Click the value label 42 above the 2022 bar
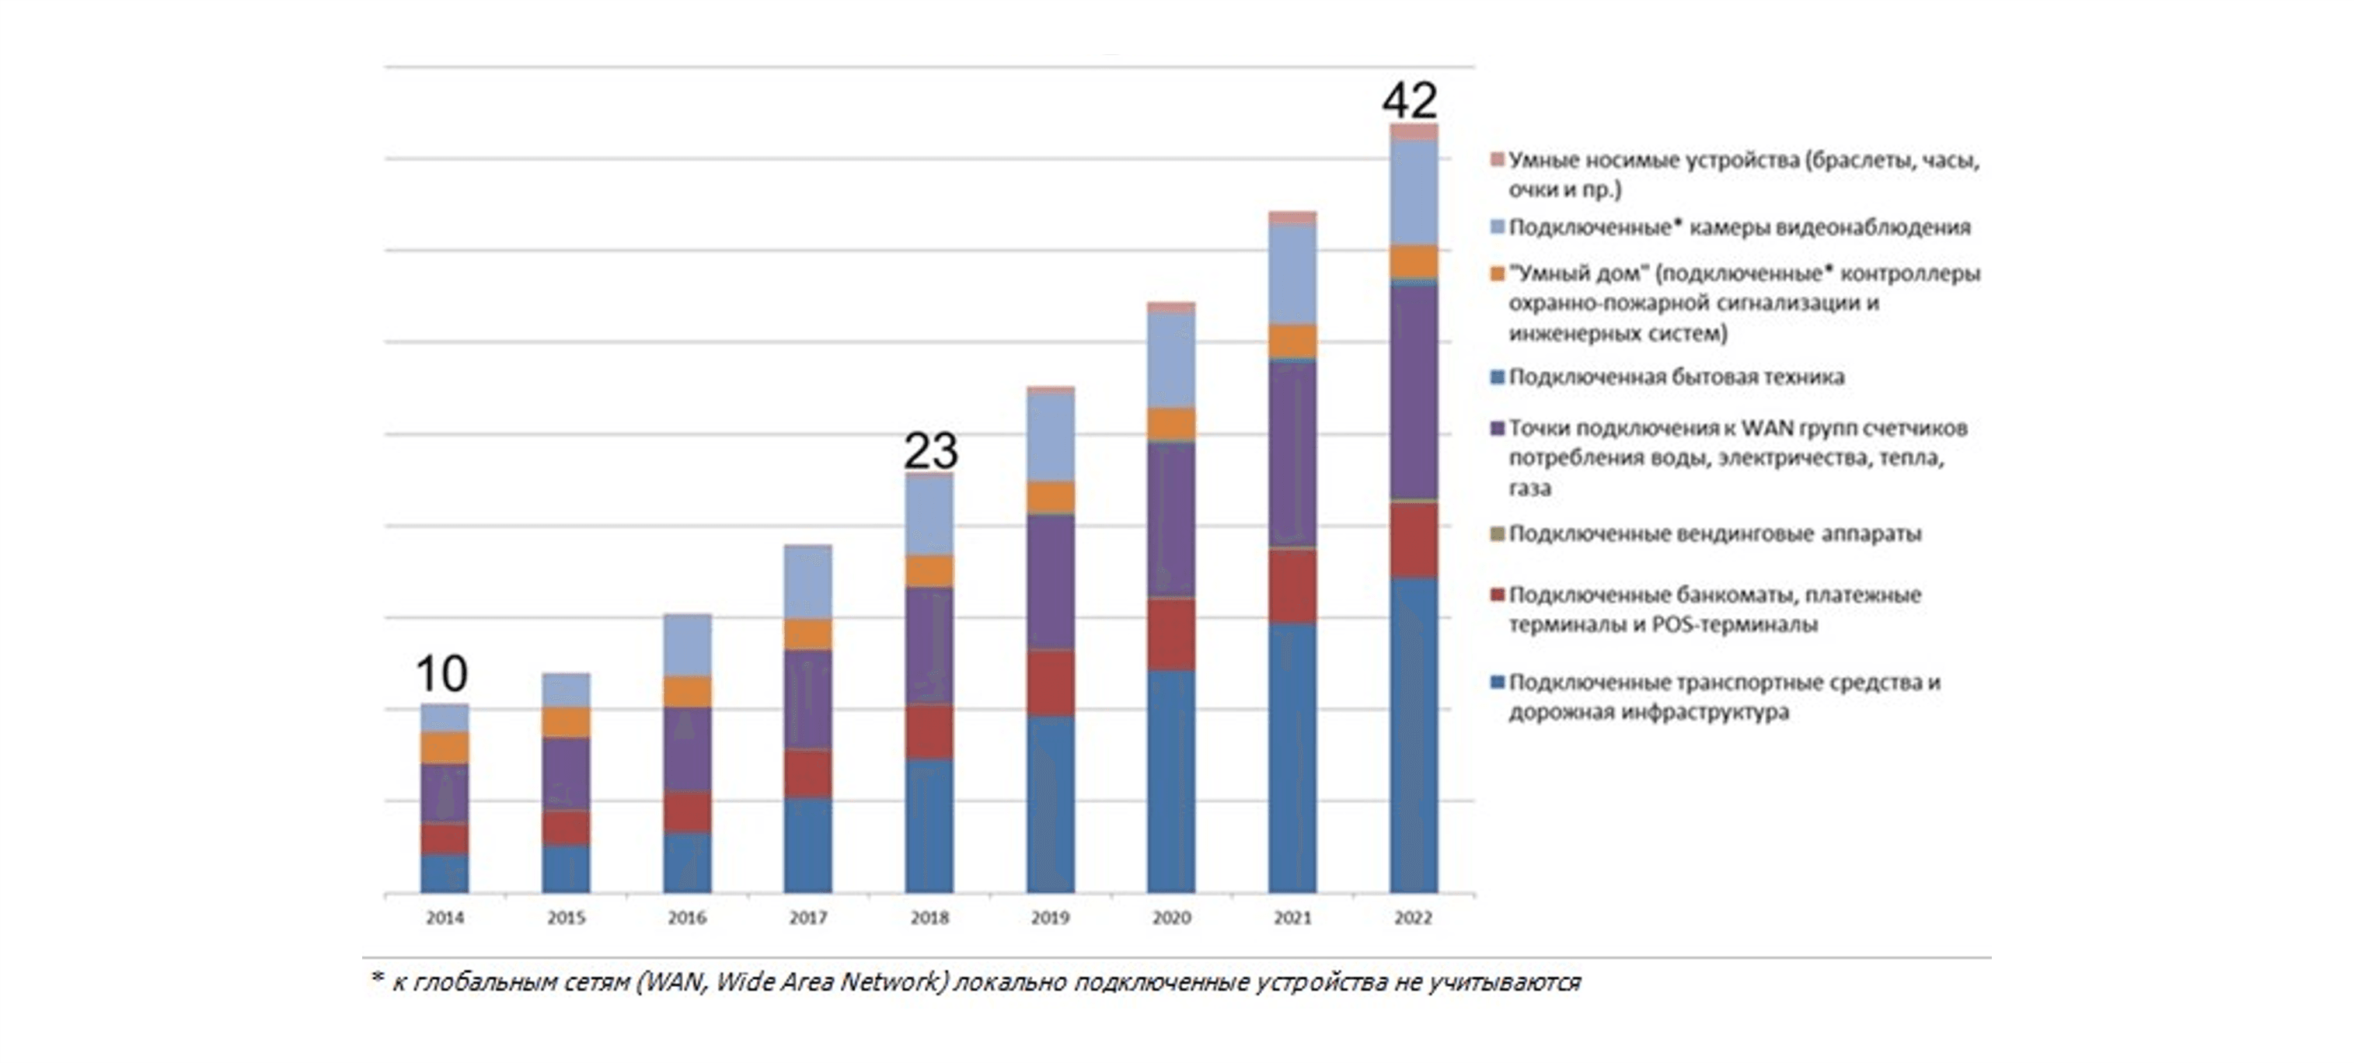pos(1410,100)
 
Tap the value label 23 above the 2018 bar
pos(930,450)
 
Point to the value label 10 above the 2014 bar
pos(441,674)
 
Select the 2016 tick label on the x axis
pos(686,918)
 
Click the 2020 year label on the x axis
pos(1170,918)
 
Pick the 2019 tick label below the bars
pos(1050,918)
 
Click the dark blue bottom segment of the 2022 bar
pos(1414,735)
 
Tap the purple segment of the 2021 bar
pos(1292,454)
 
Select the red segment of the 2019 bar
pos(1050,683)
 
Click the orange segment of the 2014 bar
pos(444,747)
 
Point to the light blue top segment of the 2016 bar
pos(687,644)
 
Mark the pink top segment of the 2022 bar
pos(1414,131)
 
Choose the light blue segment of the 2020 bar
pos(1170,360)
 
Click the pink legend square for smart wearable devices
pos(1497,161)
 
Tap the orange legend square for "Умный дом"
pos(1497,274)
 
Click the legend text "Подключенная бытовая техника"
pos(1676,377)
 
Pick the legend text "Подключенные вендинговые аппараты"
pos(1714,533)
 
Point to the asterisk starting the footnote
pos(376,979)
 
